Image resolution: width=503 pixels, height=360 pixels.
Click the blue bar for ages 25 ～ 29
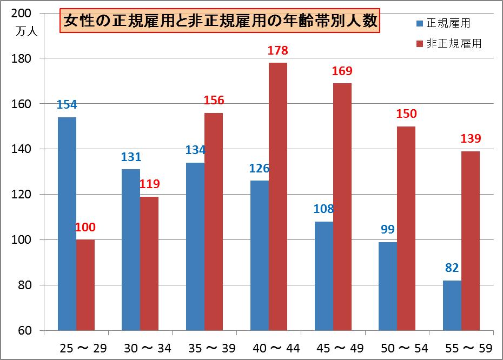(67, 223)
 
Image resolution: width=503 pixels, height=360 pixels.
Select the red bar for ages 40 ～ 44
(278, 196)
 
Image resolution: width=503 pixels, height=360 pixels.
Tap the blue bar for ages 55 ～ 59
(452, 305)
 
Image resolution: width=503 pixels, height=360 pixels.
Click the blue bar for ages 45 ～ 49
(324, 276)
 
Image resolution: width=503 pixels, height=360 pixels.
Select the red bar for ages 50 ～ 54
(406, 228)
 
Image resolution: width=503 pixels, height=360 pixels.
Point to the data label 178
(278, 51)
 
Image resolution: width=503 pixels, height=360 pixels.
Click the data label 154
(67, 105)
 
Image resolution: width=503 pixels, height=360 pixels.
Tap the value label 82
(452, 269)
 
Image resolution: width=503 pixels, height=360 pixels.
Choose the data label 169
(342, 71)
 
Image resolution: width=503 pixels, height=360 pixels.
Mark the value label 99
(387, 230)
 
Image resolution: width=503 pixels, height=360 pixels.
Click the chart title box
(221, 22)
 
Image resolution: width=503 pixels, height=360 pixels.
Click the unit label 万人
(27, 31)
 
